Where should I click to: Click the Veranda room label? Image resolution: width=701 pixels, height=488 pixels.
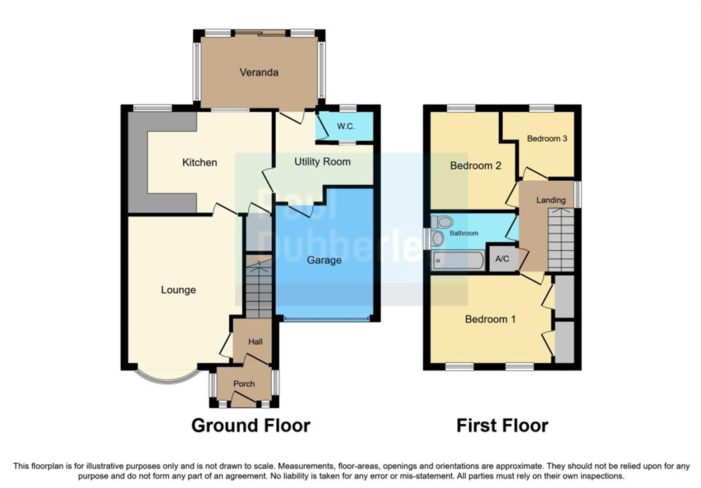tap(259, 72)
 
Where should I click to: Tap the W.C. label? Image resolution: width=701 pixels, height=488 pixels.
tap(346, 127)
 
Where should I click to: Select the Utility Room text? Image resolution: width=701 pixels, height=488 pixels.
tap(322, 162)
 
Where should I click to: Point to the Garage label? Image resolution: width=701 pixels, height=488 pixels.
tap(324, 260)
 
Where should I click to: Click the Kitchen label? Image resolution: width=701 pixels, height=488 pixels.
tap(199, 162)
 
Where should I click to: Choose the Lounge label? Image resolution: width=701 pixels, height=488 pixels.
tap(178, 290)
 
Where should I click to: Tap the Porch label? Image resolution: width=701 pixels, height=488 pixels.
tap(244, 384)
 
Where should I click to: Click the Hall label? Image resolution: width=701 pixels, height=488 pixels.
tap(255, 342)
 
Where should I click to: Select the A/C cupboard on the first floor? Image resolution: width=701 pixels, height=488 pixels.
tap(502, 259)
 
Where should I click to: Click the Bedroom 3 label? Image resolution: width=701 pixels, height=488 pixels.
tap(547, 138)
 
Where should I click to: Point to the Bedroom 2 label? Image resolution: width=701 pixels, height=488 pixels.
tap(475, 165)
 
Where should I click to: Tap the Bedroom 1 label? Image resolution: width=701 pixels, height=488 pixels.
tap(490, 319)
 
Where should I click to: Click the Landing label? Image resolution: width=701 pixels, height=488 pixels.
tap(550, 200)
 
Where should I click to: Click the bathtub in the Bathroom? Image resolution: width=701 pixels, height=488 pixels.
tap(458, 261)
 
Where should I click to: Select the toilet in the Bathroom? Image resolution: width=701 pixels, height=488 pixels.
tap(443, 222)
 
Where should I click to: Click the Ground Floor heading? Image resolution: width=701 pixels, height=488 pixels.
tap(251, 426)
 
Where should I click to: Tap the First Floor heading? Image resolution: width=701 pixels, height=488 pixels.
tap(502, 426)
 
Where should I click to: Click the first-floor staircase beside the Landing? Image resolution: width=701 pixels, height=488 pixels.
tap(561, 239)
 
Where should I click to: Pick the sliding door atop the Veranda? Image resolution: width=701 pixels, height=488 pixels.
tap(260, 33)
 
